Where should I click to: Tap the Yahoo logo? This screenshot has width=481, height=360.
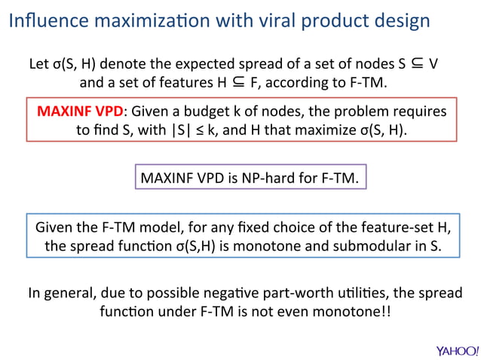(457, 350)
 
